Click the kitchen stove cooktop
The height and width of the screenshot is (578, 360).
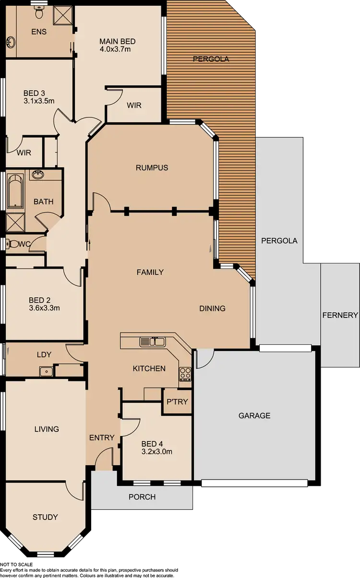pyautogui.click(x=185, y=374)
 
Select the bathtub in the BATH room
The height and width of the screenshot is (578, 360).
pyautogui.click(x=15, y=191)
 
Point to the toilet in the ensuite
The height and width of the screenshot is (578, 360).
pyautogui.click(x=39, y=13)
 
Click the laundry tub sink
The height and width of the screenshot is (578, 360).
pyautogui.click(x=46, y=371)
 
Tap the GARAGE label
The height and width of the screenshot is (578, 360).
pyautogui.click(x=254, y=415)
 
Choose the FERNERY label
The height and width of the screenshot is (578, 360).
pyautogui.click(x=340, y=315)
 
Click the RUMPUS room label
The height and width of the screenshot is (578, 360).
pyautogui.click(x=152, y=167)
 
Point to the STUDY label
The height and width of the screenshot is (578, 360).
pyautogui.click(x=45, y=517)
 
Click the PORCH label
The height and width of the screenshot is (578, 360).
pyautogui.click(x=142, y=496)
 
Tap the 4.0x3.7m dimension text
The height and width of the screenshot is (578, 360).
pyautogui.click(x=116, y=49)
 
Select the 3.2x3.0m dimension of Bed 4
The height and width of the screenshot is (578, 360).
pyautogui.click(x=156, y=451)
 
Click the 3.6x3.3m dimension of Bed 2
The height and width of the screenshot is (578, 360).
pyautogui.click(x=44, y=308)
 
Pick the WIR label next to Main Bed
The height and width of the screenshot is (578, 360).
pyautogui.click(x=134, y=105)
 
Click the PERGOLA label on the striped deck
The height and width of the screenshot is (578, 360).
pyautogui.click(x=211, y=59)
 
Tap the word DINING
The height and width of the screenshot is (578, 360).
pyautogui.click(x=212, y=308)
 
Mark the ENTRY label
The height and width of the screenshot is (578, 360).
pyautogui.click(x=102, y=437)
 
